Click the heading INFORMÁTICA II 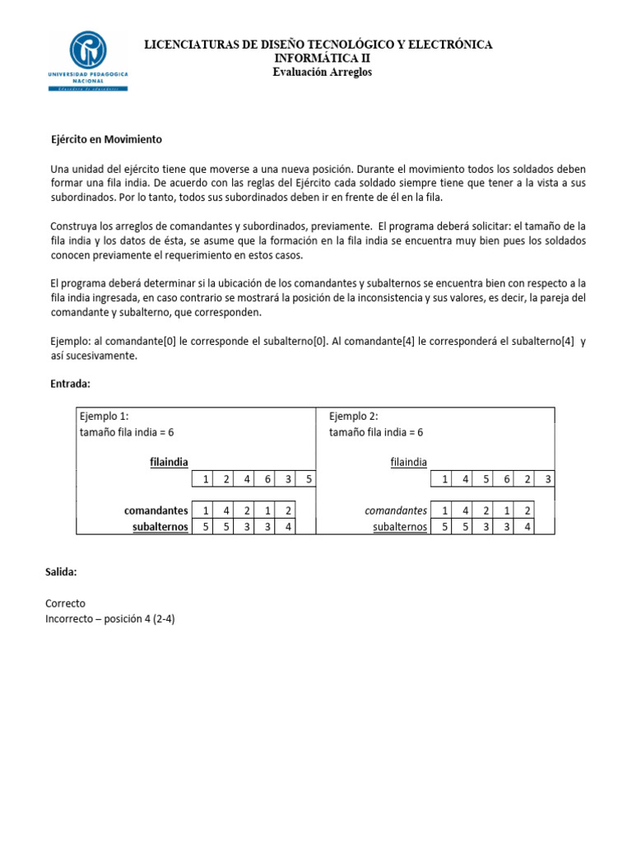(x=322, y=58)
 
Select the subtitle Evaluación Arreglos (x=322, y=72)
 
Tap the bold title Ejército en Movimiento (x=106, y=139)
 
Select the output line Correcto (x=65, y=603)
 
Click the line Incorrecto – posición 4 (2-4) (x=110, y=619)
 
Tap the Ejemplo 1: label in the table (x=104, y=416)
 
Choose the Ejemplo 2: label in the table (x=353, y=416)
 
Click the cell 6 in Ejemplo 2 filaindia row (x=506, y=479)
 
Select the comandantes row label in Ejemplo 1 (x=156, y=510)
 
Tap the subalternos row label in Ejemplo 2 (x=399, y=527)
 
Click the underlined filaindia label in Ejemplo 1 (x=169, y=463)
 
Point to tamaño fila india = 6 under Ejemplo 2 (x=376, y=432)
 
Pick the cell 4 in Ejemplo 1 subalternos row (x=286, y=527)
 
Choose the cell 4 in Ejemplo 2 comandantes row (x=466, y=510)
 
